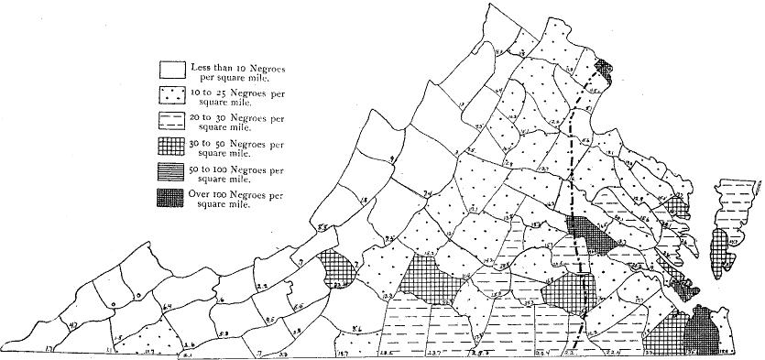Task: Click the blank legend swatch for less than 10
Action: pos(171,70)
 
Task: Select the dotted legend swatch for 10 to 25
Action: pos(171,94)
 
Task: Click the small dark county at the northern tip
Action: pos(603,67)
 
